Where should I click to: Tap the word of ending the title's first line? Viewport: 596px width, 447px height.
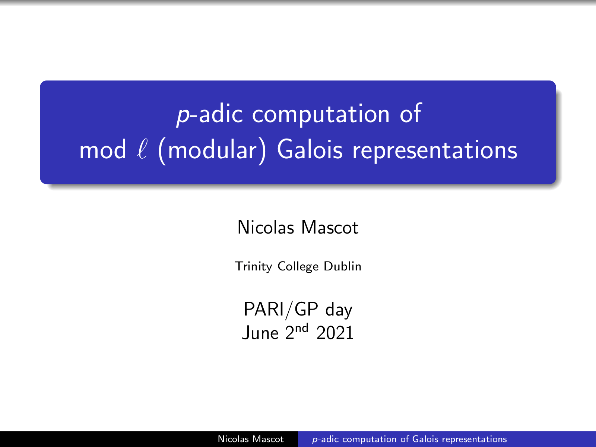click(410, 114)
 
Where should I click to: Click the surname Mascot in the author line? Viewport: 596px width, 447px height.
click(330, 227)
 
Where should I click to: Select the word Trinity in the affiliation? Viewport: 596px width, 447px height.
click(253, 266)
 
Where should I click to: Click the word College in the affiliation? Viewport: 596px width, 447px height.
click(298, 266)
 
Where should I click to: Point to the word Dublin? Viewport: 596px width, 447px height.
click(342, 266)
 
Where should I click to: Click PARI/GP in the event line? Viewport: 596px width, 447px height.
click(281, 310)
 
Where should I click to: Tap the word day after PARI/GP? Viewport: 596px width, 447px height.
click(339, 311)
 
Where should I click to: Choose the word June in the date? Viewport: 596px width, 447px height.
click(260, 333)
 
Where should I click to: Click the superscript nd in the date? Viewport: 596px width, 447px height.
click(302, 328)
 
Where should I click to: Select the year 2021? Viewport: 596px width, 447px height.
click(335, 333)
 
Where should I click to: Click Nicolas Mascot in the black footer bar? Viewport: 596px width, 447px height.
click(251, 439)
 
